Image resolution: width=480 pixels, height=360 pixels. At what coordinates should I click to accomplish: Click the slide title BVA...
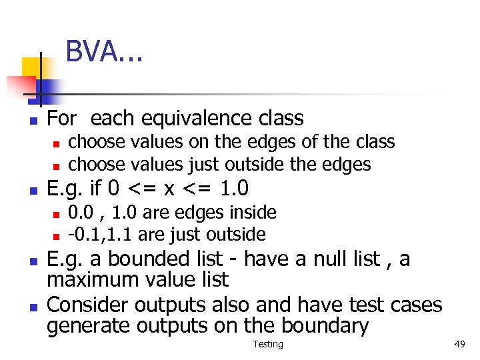pos(104,52)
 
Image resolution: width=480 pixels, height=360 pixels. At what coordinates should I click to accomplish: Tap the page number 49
pos(459,344)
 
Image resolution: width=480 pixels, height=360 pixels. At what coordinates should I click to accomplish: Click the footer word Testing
pos(268,344)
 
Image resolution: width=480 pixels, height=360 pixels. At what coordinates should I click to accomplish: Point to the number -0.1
pos(83,235)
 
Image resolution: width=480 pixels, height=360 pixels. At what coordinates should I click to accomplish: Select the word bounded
pos(141,259)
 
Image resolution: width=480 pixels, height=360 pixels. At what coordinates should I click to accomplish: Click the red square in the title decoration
pos(20,85)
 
